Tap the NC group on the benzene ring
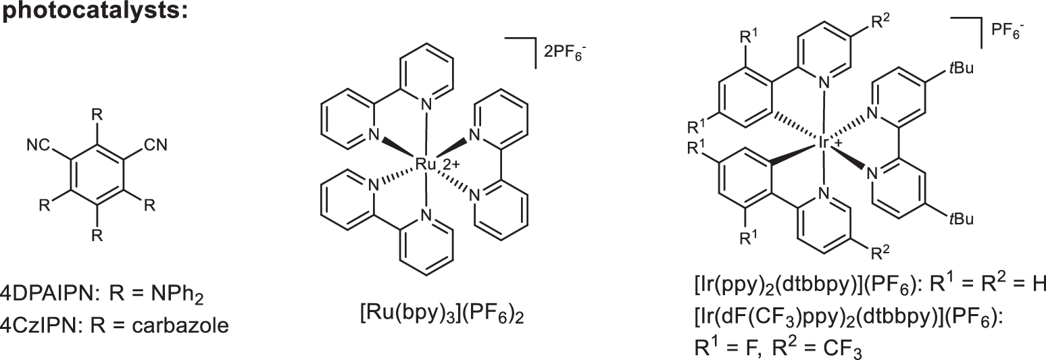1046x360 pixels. [40, 145]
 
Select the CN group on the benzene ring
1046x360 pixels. [156, 145]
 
